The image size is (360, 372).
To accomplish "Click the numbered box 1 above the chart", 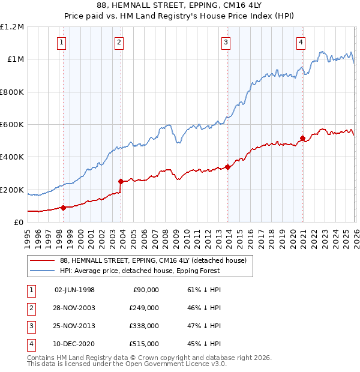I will pos(62,42).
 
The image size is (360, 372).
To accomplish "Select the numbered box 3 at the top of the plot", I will pos(226,42).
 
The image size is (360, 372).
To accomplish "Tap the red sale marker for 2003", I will pos(121,181).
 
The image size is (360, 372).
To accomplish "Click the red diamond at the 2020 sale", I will pos(302,138).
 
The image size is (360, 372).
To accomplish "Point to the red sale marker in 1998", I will pos(63,208).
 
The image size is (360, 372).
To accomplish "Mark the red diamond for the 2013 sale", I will pos(228,167).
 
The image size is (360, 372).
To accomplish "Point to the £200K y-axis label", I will pos(13,190).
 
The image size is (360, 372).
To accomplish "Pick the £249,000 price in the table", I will pos(143,308).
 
